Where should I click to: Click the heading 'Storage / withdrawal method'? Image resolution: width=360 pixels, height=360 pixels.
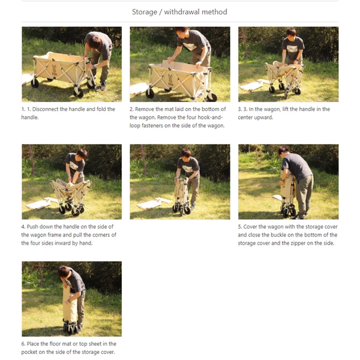click(179, 11)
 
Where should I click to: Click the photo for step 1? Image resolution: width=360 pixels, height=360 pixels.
click(71, 64)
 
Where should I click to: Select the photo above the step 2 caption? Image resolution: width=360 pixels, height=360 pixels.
click(179, 64)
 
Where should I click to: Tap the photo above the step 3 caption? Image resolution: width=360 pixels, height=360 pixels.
click(288, 64)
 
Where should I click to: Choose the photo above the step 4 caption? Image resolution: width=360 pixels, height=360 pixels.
click(71, 182)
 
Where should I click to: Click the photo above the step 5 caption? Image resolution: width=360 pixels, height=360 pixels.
click(288, 182)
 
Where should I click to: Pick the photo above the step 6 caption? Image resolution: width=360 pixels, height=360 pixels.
click(71, 299)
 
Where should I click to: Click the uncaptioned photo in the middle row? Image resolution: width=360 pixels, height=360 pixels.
click(179, 182)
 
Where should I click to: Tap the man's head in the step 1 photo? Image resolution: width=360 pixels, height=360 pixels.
click(94, 41)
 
